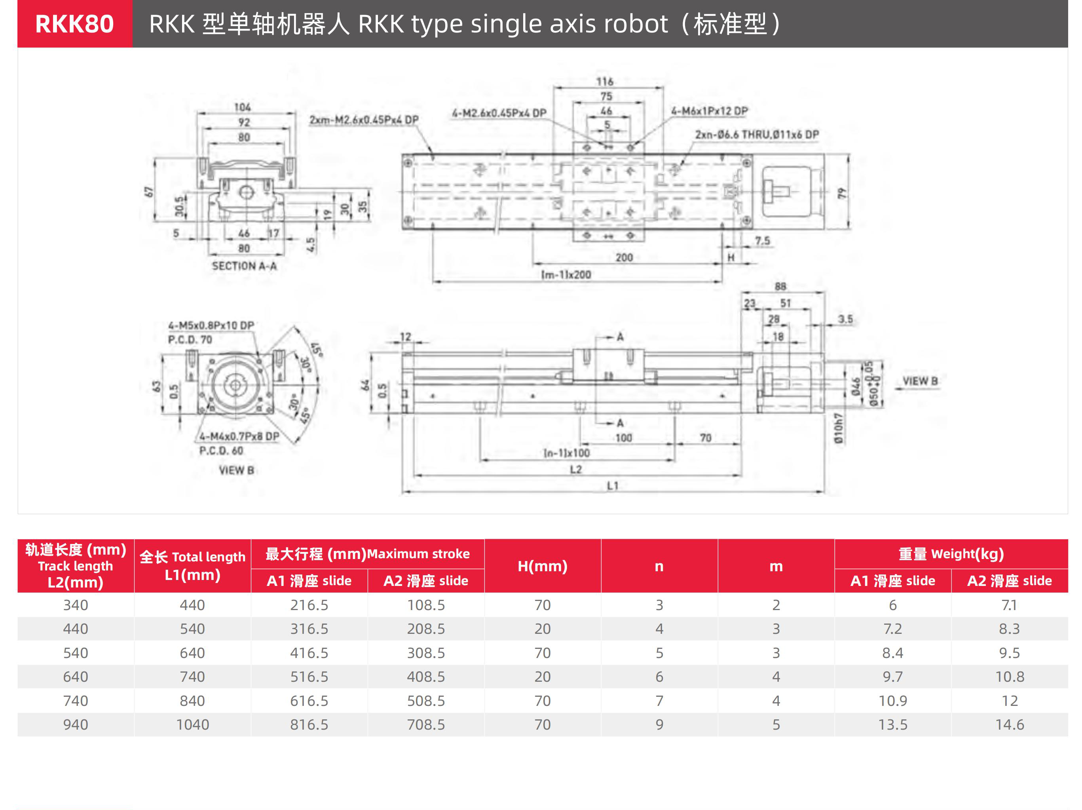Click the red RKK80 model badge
(74, 23)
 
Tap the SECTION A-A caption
(244, 266)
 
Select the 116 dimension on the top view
(605, 81)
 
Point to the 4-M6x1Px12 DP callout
(709, 111)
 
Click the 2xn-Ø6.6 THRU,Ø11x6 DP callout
(757, 134)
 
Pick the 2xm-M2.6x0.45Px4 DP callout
(364, 120)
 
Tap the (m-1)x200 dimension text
(566, 275)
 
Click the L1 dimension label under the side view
(612, 485)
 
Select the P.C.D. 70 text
(190, 339)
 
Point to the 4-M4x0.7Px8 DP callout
(239, 436)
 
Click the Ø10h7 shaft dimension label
(838, 428)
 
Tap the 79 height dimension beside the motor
(841, 193)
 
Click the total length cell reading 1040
(192, 724)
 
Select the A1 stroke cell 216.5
(309, 605)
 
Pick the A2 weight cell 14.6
(1010, 724)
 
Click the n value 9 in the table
(659, 724)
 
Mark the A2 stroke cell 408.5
(426, 677)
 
